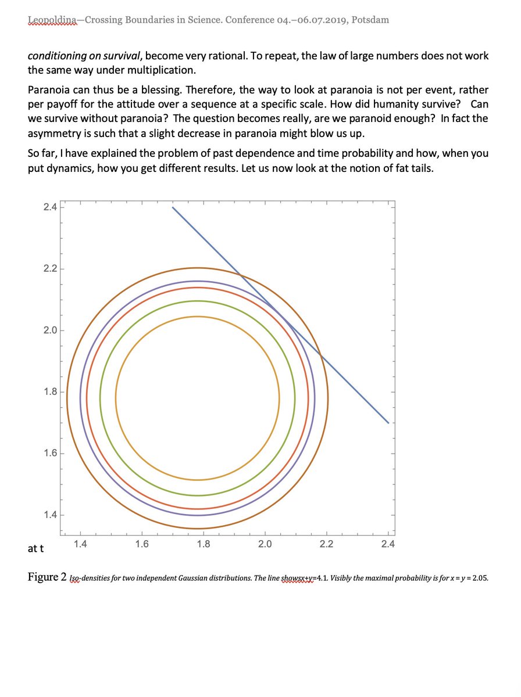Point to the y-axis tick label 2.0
coord(49,330)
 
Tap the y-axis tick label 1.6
coord(49,453)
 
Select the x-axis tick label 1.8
coord(203,544)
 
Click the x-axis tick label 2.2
coord(326,544)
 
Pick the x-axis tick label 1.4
coord(80,544)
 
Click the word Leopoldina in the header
coord(52,20)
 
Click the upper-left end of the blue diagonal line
coord(173,207)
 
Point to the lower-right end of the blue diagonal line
coord(388,423)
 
